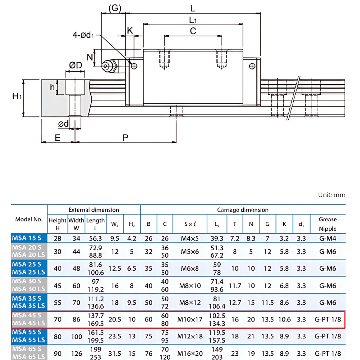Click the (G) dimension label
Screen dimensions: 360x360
coord(114,8)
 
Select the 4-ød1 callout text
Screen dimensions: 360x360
coord(83,35)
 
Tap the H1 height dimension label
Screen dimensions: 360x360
coord(17,96)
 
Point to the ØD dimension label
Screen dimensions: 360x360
coord(76,65)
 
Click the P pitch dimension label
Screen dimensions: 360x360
coord(125,138)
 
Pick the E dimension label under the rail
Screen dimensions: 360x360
coord(58,138)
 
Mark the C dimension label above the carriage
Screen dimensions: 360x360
coord(193,31)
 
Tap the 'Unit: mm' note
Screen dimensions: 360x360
coord(332,195)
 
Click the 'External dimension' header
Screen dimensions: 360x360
coord(94,210)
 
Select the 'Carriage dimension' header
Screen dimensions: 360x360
coord(243,210)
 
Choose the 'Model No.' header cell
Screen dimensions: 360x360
coord(29,219)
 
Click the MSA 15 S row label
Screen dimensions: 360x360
coord(27,238)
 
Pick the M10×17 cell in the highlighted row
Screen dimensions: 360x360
coord(190,320)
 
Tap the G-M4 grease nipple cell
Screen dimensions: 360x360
coord(328,238)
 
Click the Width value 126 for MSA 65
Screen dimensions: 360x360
coord(76,353)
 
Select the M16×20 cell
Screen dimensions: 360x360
coord(190,353)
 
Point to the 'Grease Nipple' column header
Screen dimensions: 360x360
coord(328,224)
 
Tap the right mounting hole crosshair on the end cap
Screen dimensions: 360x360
coord(252,66)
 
